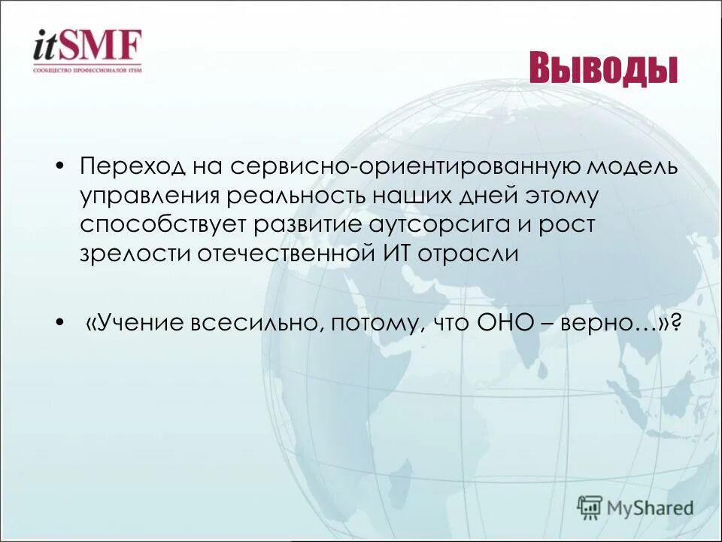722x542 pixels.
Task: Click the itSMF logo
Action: [87, 47]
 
